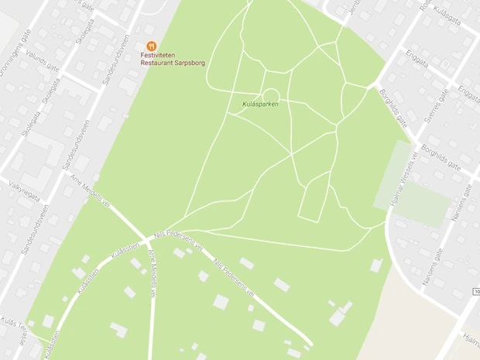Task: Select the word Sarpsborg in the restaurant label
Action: coord(191,63)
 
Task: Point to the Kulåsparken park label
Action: coord(260,103)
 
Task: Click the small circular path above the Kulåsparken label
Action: coord(270,94)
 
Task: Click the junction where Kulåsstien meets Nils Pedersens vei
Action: coord(146,238)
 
